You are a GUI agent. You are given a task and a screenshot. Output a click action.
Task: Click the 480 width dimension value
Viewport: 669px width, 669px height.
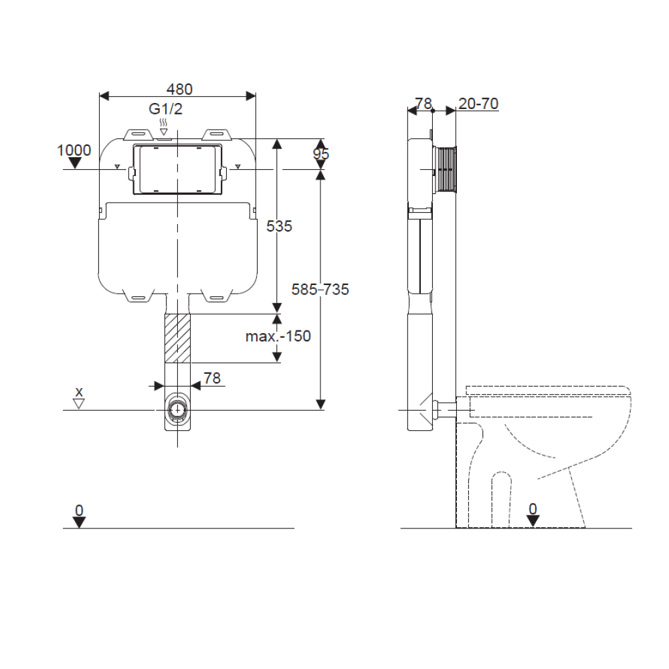click(179, 89)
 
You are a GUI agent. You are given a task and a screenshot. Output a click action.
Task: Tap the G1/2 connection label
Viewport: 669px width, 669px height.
click(165, 109)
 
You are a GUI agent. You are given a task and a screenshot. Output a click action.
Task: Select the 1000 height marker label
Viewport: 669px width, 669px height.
click(74, 150)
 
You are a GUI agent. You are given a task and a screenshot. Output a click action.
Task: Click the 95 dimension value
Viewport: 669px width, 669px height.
click(321, 155)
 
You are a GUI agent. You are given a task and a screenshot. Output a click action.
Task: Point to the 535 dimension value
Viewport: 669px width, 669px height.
click(279, 226)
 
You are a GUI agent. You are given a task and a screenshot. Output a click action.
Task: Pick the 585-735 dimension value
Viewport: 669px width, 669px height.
click(320, 290)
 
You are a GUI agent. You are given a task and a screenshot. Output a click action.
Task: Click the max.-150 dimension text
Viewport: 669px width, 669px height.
click(278, 336)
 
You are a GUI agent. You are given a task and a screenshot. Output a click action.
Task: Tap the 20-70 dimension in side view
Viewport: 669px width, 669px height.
click(478, 104)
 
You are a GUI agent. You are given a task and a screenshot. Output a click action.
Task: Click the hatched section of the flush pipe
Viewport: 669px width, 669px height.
click(177, 337)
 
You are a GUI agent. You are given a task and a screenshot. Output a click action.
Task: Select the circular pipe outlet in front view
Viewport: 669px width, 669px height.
click(177, 409)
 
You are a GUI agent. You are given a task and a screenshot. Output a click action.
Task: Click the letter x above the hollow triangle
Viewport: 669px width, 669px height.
click(79, 391)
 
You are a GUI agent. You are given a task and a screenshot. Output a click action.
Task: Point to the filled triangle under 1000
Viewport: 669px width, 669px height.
click(75, 163)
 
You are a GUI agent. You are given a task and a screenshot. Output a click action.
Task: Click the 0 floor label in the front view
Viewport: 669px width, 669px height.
click(79, 510)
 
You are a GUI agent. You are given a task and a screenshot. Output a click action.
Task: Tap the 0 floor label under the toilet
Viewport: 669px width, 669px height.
click(533, 508)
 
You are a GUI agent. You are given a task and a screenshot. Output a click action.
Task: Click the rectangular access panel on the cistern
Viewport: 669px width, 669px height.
click(177, 170)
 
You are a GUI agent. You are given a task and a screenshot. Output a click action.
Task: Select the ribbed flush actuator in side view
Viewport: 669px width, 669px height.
click(446, 170)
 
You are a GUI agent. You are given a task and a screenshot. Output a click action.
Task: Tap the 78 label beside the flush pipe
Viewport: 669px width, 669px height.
click(212, 378)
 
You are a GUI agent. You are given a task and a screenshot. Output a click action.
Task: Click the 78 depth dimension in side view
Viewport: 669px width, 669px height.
click(423, 104)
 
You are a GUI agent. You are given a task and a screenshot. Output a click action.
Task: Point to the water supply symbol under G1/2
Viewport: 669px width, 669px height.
click(164, 127)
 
